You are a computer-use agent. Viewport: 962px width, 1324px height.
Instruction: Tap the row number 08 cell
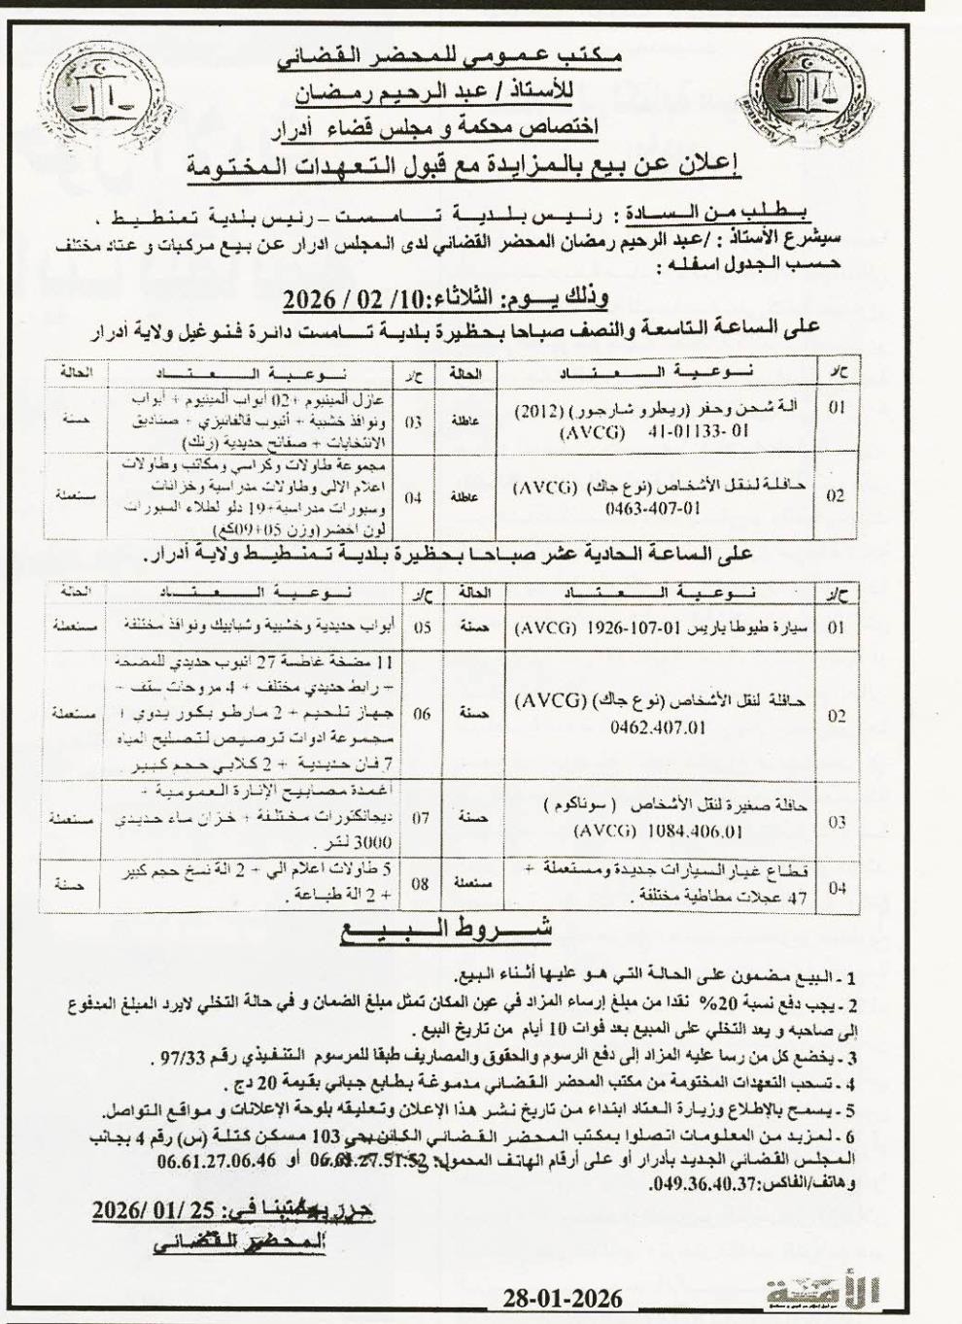[x=421, y=885]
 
